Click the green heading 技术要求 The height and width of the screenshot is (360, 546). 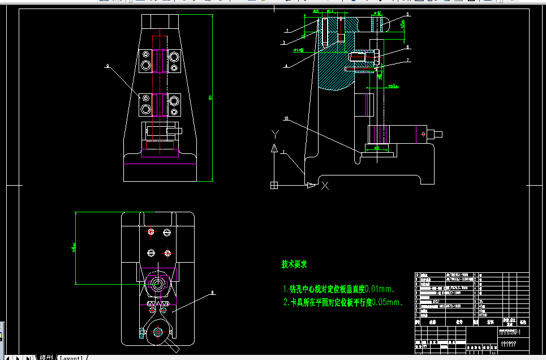(294, 264)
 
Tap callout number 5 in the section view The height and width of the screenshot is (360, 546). (407, 14)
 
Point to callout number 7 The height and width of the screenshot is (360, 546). (407, 60)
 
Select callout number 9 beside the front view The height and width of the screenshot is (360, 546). (107, 67)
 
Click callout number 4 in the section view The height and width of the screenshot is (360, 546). (286, 66)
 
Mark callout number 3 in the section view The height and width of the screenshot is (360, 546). (283, 42)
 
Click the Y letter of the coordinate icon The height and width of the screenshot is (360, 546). (274, 134)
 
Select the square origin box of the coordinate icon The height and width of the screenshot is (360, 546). (274, 185)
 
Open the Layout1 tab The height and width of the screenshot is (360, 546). (72, 358)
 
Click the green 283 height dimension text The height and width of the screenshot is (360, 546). (210, 98)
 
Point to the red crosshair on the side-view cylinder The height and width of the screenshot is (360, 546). (423, 134)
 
